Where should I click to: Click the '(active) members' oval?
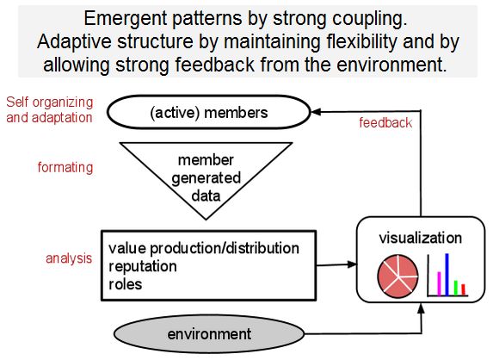point(209,112)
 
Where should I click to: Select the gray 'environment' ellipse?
point(209,333)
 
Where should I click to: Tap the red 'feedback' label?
point(385,123)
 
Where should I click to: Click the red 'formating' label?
point(65,167)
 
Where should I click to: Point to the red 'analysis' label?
point(68,258)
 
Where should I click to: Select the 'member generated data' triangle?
point(206,177)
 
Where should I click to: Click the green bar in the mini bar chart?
point(456,285)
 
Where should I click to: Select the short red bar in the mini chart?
point(464,289)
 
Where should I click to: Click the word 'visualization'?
point(420,238)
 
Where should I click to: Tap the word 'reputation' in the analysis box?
point(143,265)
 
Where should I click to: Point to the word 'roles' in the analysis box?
point(126,282)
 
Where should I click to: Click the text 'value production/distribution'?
point(204,248)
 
